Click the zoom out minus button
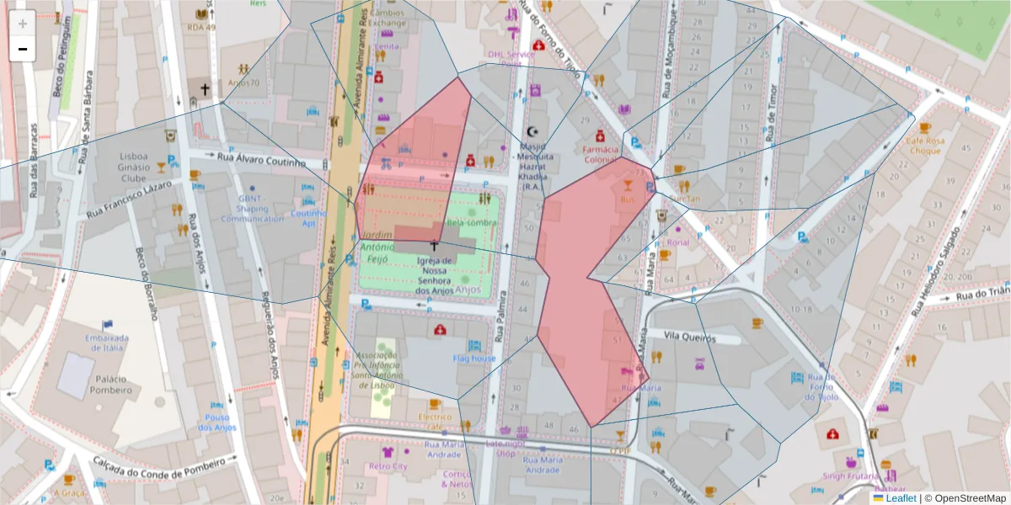[x=23, y=49]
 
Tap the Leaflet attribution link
[x=900, y=498]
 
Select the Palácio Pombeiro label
[x=110, y=385]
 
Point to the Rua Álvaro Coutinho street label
[x=260, y=159]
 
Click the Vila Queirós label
[x=689, y=338]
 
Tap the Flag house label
[x=474, y=359]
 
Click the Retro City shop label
[x=388, y=466]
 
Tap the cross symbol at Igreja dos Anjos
[x=435, y=246]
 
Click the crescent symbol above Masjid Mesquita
[x=532, y=131]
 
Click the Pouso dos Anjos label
[x=217, y=423]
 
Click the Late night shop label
[x=505, y=448]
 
